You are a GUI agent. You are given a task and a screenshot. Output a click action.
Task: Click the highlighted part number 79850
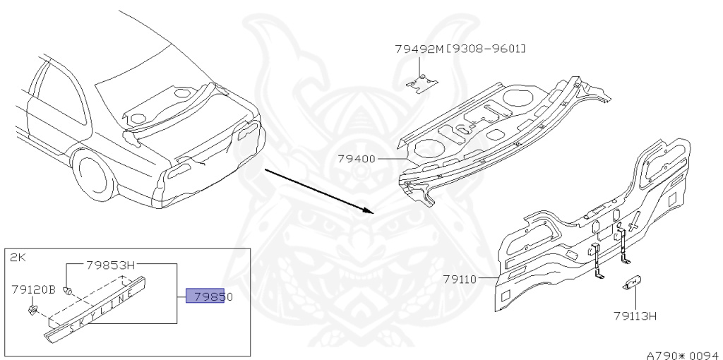(209, 296)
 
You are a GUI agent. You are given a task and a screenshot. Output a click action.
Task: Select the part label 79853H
(110, 265)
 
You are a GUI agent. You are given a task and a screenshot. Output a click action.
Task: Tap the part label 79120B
(34, 289)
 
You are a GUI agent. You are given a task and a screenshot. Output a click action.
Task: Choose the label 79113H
(635, 315)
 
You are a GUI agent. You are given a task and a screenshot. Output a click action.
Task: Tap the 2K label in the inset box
(18, 258)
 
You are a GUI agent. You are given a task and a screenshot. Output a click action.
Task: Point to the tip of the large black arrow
(371, 210)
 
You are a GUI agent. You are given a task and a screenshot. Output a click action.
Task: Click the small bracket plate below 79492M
(422, 81)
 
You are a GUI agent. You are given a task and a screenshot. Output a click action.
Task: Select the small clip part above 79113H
(631, 284)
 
